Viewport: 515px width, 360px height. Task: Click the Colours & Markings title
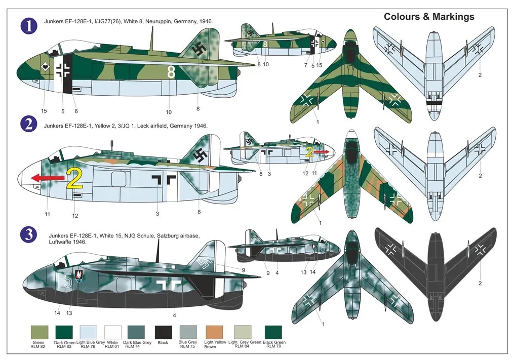(429, 17)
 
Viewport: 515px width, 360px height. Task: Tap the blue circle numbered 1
(29, 26)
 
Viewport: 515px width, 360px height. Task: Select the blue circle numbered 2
(29, 125)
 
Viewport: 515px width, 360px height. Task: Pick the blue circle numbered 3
(29, 234)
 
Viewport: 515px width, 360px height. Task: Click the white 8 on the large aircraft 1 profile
(171, 73)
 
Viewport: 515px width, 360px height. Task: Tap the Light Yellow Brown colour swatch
(215, 333)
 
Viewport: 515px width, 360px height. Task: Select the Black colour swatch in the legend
(163, 333)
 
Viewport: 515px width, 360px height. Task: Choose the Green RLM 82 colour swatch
(38, 333)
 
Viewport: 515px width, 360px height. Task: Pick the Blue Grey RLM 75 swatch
(188, 333)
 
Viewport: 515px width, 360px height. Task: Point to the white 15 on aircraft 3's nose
(65, 280)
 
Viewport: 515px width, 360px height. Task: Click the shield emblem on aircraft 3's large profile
(79, 276)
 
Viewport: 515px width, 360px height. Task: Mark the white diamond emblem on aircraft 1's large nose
(45, 66)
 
